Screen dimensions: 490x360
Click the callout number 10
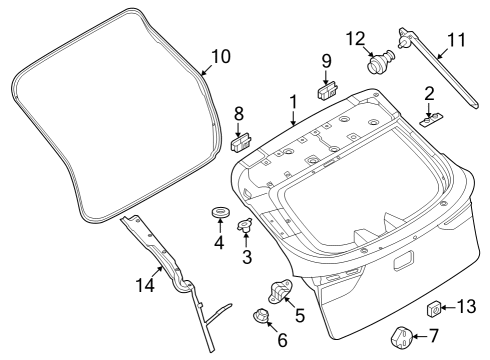pyautogui.click(x=221, y=56)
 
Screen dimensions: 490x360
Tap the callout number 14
pyautogui.click(x=145, y=285)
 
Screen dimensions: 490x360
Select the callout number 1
pyautogui.click(x=293, y=102)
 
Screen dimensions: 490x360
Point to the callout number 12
pyautogui.click(x=356, y=39)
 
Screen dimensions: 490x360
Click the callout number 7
pyautogui.click(x=433, y=335)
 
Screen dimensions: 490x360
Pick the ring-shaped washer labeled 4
pyautogui.click(x=220, y=212)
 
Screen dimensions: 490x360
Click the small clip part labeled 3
pyautogui.click(x=245, y=226)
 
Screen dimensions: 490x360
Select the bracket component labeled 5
pyautogui.click(x=279, y=292)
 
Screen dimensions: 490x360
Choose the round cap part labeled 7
pyautogui.click(x=401, y=338)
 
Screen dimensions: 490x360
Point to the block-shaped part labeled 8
pyautogui.click(x=241, y=142)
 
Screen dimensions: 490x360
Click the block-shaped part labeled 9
pyautogui.click(x=327, y=90)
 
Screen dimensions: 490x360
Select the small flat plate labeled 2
pyautogui.click(x=432, y=119)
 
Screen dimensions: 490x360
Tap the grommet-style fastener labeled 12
pyautogui.click(x=381, y=61)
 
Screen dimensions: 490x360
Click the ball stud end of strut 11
pyautogui.click(x=403, y=42)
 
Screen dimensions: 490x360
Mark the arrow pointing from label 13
pyautogui.click(x=449, y=308)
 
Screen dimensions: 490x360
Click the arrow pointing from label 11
pyautogui.click(x=446, y=52)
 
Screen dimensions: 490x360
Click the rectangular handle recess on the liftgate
pyautogui.click(x=404, y=260)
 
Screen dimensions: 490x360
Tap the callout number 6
pyautogui.click(x=282, y=340)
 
